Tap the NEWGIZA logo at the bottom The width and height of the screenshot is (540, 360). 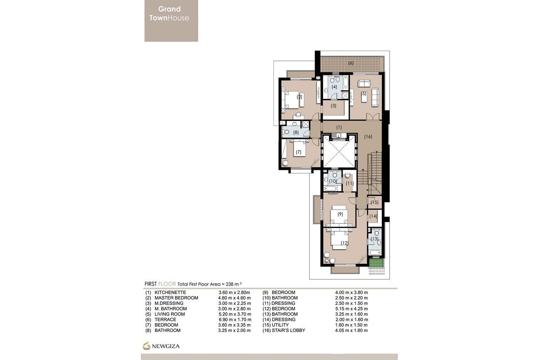click(162, 345)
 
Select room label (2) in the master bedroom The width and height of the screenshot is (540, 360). click(299, 97)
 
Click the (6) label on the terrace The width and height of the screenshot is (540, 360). click(351, 63)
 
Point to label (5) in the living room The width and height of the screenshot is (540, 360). click(363, 93)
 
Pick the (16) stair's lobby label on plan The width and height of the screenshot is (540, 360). click(368, 136)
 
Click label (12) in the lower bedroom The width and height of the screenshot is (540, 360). click(344, 243)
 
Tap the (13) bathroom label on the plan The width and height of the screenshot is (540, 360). click(374, 239)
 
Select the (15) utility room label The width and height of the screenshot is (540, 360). click(375, 202)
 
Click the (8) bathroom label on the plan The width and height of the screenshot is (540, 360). click(296, 132)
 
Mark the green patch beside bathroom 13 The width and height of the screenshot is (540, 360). click(376, 263)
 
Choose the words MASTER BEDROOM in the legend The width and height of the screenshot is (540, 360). click(176, 298)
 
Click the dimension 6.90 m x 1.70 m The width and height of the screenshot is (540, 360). click(234, 319)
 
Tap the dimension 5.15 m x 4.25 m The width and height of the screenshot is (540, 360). click(351, 309)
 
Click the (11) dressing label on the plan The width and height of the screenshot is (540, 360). click(349, 183)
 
